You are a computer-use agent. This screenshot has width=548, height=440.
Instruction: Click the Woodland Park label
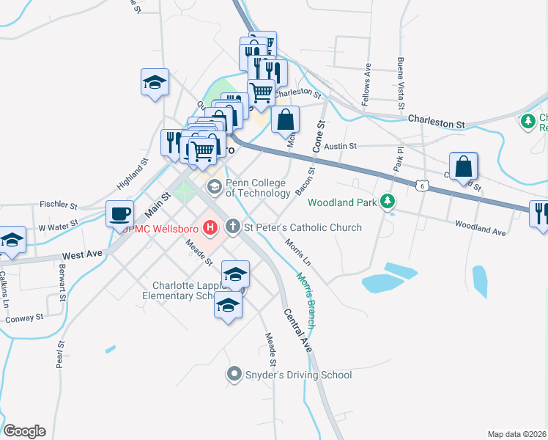click(341, 202)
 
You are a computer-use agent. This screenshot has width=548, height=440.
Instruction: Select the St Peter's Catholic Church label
click(303, 227)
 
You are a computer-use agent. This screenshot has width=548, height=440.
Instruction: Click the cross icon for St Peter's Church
click(233, 227)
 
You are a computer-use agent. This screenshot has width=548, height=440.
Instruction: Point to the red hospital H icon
click(211, 227)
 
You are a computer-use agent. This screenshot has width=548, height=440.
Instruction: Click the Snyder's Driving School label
click(298, 375)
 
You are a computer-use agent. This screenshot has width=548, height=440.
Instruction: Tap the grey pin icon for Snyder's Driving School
click(234, 375)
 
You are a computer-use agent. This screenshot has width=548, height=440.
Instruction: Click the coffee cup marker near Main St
click(120, 214)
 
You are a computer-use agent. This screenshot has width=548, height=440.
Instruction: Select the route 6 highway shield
click(422, 186)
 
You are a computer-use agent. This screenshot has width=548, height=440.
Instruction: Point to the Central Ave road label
click(298, 329)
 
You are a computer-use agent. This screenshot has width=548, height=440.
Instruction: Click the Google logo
click(24, 431)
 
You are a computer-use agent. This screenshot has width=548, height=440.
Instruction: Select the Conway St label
click(24, 318)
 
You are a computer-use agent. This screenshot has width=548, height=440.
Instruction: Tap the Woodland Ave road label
click(480, 230)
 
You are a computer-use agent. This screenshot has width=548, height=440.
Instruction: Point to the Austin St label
click(341, 147)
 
